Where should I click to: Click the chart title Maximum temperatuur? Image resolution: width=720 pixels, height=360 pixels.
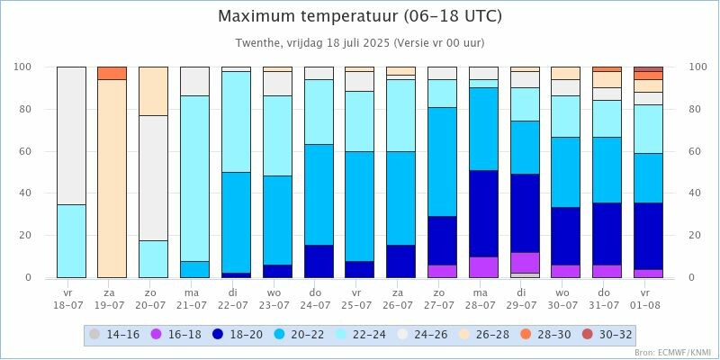(360, 16)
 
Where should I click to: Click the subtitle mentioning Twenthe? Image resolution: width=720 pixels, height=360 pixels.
(360, 42)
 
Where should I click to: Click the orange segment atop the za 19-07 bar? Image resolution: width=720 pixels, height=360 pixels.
(112, 73)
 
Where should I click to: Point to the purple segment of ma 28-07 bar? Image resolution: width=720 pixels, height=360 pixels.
(483, 267)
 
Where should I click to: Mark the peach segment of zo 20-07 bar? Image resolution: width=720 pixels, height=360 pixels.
(153, 91)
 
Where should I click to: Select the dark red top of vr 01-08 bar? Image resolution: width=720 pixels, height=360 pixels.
(648, 68)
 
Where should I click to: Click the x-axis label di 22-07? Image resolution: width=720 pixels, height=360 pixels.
(236, 299)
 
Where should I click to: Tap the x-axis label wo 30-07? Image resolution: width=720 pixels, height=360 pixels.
(565, 299)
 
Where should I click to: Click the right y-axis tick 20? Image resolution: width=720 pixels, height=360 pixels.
(696, 236)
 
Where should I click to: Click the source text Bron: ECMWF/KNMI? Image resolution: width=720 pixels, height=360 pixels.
(672, 352)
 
